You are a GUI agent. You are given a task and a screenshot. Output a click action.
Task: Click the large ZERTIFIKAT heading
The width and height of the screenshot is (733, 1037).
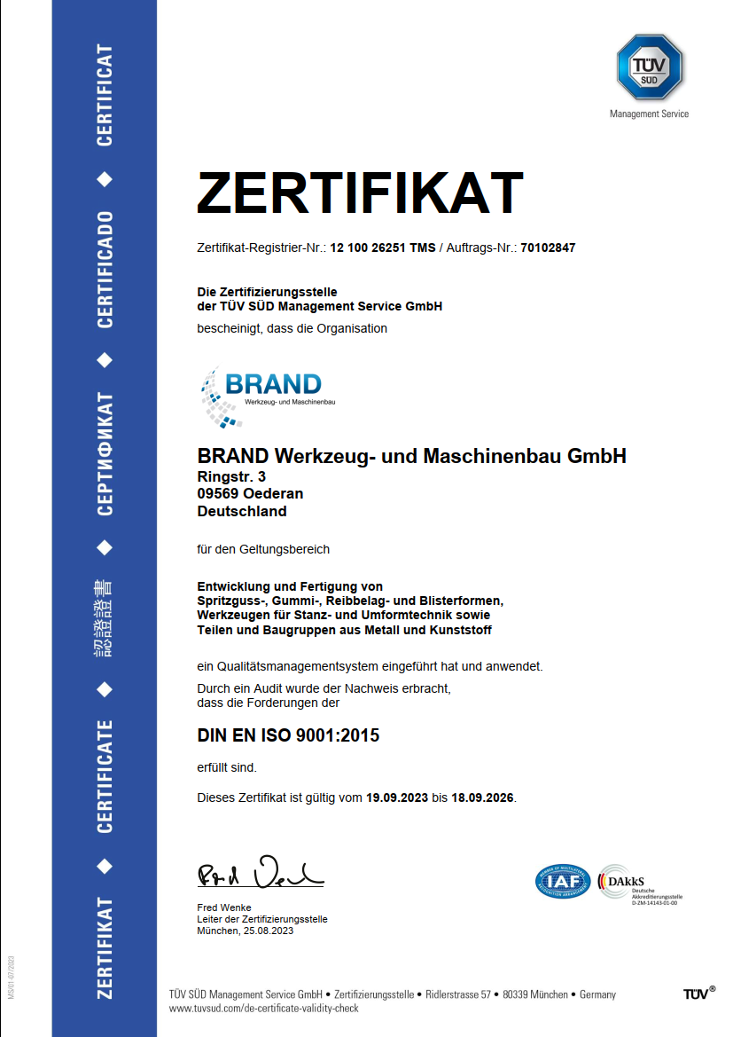[x=360, y=192]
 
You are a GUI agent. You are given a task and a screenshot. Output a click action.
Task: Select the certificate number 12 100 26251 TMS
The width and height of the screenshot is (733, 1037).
[x=383, y=248]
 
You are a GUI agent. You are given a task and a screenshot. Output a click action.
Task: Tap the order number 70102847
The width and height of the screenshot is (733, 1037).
[x=548, y=248]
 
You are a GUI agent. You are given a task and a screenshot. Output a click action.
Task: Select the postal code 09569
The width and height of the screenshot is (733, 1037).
[x=216, y=494]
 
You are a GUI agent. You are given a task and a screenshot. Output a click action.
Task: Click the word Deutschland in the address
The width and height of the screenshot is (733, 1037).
[x=242, y=511]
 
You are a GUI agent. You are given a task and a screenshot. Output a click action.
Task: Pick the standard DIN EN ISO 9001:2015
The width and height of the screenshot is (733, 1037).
[x=287, y=735]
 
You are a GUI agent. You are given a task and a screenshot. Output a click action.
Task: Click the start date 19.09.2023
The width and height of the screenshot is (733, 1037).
[x=397, y=797]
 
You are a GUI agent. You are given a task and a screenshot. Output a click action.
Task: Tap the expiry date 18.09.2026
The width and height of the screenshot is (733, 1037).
[x=482, y=797]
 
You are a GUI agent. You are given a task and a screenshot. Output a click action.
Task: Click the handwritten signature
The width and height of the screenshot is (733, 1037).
[x=260, y=876]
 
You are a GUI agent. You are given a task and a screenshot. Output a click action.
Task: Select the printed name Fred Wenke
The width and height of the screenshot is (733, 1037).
[x=224, y=907]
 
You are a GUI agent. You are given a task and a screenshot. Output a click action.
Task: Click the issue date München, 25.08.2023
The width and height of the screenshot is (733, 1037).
[x=245, y=931]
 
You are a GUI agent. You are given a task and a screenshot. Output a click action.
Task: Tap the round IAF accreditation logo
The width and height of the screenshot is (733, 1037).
[x=563, y=881]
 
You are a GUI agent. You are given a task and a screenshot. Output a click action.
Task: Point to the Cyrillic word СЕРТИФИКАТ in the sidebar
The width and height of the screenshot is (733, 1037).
[x=105, y=453]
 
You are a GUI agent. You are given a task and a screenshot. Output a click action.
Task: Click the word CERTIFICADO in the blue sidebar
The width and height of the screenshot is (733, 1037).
[x=105, y=270]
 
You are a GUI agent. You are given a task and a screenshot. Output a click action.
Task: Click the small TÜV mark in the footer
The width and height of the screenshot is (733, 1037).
[x=698, y=994]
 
